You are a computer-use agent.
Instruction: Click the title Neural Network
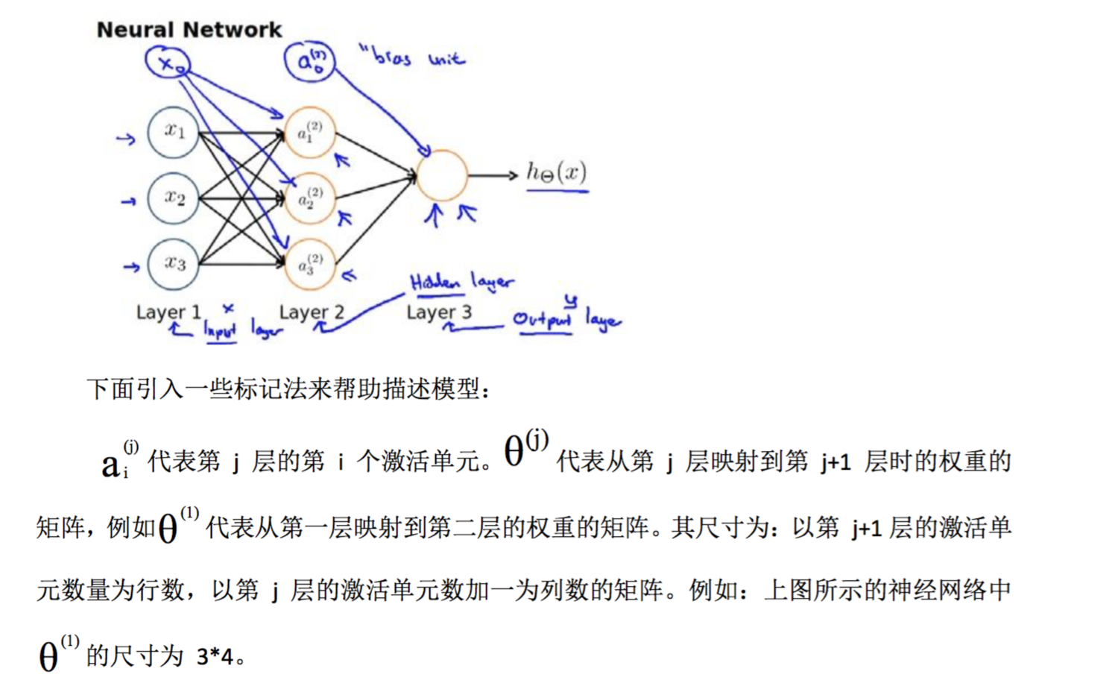point(189,30)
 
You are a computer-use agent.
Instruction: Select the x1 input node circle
point(173,132)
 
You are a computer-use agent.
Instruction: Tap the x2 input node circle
point(173,198)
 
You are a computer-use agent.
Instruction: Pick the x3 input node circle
point(173,264)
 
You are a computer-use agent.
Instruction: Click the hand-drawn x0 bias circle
point(168,63)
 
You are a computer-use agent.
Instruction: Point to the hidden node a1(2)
point(310,133)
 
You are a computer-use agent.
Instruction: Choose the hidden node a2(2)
point(310,198)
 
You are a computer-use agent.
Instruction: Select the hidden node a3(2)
point(310,264)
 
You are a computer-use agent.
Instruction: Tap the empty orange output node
point(442,175)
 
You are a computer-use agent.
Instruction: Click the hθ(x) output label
point(556,173)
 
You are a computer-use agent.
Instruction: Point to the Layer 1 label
point(168,312)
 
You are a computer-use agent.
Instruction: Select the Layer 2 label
point(312,312)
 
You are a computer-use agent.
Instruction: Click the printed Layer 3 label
point(439,312)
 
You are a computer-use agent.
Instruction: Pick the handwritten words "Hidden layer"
point(461,282)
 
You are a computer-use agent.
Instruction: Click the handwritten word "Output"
point(542,320)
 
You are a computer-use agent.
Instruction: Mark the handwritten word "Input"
point(220,330)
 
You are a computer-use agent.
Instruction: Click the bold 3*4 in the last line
point(215,657)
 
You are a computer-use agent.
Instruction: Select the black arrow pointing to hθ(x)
point(493,175)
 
